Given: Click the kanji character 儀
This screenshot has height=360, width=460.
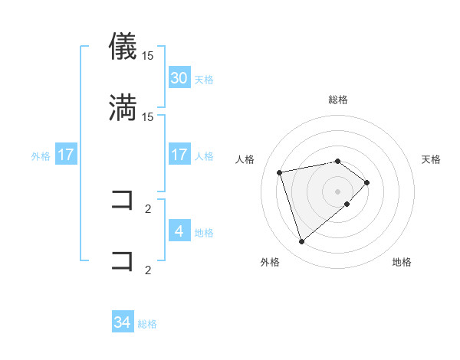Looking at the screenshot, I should click(x=123, y=47).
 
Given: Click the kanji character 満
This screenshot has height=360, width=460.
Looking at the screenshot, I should click(x=123, y=107).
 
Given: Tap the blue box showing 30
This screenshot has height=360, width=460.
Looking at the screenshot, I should click(x=179, y=78).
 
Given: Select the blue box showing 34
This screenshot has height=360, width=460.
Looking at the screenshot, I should click(x=123, y=323).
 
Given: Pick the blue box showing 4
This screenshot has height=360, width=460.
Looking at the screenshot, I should click(x=179, y=231).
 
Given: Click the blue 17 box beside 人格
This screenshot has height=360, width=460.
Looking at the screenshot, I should click(x=179, y=155).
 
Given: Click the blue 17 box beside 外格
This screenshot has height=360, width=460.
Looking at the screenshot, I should click(x=66, y=155).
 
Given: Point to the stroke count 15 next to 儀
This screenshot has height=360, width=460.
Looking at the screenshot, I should click(x=148, y=56).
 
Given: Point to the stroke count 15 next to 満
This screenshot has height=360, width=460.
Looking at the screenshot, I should click(x=148, y=116).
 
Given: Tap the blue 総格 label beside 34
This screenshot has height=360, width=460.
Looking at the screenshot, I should click(x=147, y=324).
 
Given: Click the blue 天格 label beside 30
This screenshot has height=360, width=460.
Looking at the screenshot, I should click(x=204, y=79).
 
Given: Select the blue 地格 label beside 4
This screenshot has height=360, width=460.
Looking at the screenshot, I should click(x=204, y=232).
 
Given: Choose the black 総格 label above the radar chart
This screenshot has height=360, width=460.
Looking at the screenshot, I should click(x=337, y=100).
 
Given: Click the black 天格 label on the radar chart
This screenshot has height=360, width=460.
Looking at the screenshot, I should click(x=431, y=159).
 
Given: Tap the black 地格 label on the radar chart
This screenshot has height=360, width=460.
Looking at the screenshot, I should click(x=402, y=262).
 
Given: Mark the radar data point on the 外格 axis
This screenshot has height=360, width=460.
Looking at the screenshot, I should click(x=302, y=242).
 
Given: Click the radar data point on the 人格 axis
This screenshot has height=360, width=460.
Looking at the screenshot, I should click(x=280, y=172).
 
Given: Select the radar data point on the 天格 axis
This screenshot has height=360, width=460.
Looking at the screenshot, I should click(x=367, y=182).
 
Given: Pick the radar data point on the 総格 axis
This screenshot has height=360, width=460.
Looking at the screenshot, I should click(x=337, y=161).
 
